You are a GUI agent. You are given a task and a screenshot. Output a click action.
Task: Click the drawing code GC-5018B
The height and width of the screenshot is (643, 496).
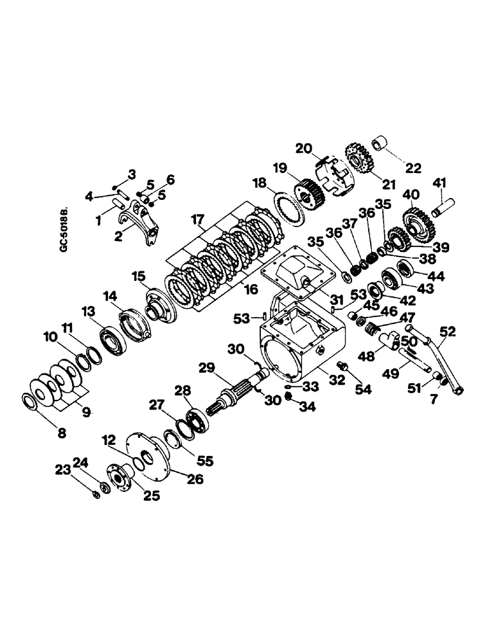64,228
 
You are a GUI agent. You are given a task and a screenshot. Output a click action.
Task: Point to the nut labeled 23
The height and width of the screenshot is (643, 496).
95,494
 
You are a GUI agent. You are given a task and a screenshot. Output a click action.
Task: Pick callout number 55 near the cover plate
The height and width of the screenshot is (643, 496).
206,461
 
